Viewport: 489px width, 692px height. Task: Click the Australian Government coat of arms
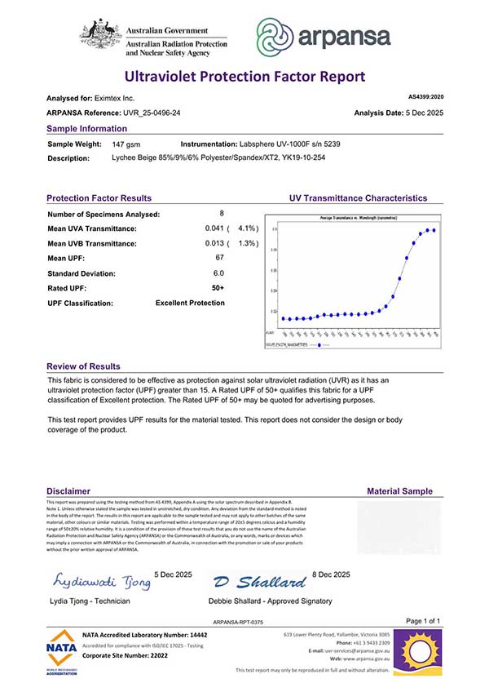pos(100,34)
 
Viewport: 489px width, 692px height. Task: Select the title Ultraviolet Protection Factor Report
pos(244,77)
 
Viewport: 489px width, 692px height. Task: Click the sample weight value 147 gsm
pos(126,144)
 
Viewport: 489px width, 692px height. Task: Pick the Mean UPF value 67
pos(218,259)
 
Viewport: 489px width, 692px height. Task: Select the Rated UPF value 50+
pos(218,288)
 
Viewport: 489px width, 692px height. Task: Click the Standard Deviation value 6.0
pos(218,273)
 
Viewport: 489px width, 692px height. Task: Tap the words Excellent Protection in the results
pos(190,303)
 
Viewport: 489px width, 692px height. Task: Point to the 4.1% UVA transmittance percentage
pos(247,228)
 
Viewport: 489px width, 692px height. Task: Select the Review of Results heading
pos(83,366)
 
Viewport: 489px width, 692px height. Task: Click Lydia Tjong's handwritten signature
pos(102,582)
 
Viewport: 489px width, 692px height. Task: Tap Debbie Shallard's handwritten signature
pos(262,582)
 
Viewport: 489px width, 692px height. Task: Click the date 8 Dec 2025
pos(332,575)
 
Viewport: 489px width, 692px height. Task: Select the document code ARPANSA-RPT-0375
pos(242,622)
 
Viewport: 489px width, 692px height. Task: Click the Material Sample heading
pos(400,491)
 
